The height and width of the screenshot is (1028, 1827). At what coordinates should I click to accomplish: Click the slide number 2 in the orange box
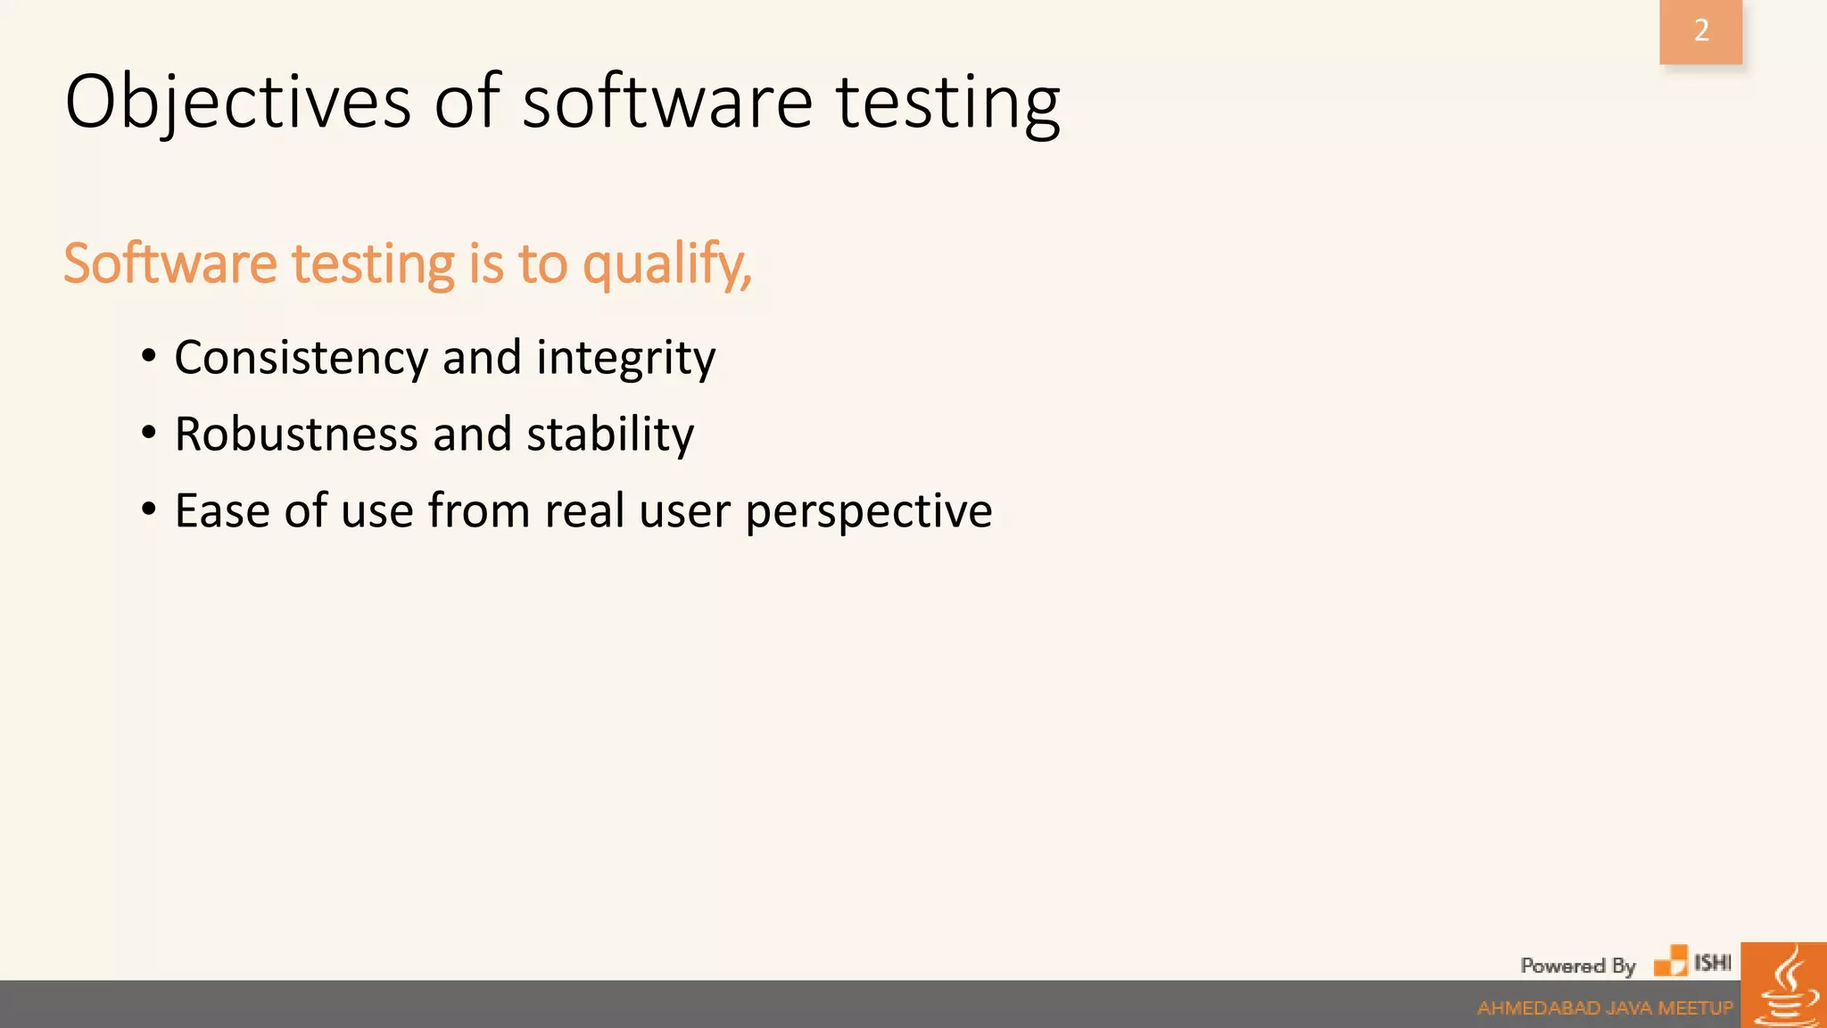pos(1701,31)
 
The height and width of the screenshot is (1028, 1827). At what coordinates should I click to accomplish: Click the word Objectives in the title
pos(238,103)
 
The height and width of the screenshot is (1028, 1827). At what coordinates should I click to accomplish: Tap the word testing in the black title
pos(947,103)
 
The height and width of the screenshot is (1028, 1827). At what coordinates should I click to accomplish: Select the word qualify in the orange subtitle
pos(665,265)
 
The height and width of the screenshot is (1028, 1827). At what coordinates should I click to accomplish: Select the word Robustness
pos(295,435)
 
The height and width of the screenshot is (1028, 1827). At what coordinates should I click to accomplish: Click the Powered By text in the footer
pos(1577,966)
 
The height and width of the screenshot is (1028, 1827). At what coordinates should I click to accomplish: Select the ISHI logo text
pos(1712,963)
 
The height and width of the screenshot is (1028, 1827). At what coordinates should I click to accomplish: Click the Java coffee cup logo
pos(1784,986)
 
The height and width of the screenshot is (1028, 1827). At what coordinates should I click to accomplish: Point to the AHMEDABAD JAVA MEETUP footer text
pos(1605,1008)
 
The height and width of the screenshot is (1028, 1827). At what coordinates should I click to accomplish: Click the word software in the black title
pos(666,103)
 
